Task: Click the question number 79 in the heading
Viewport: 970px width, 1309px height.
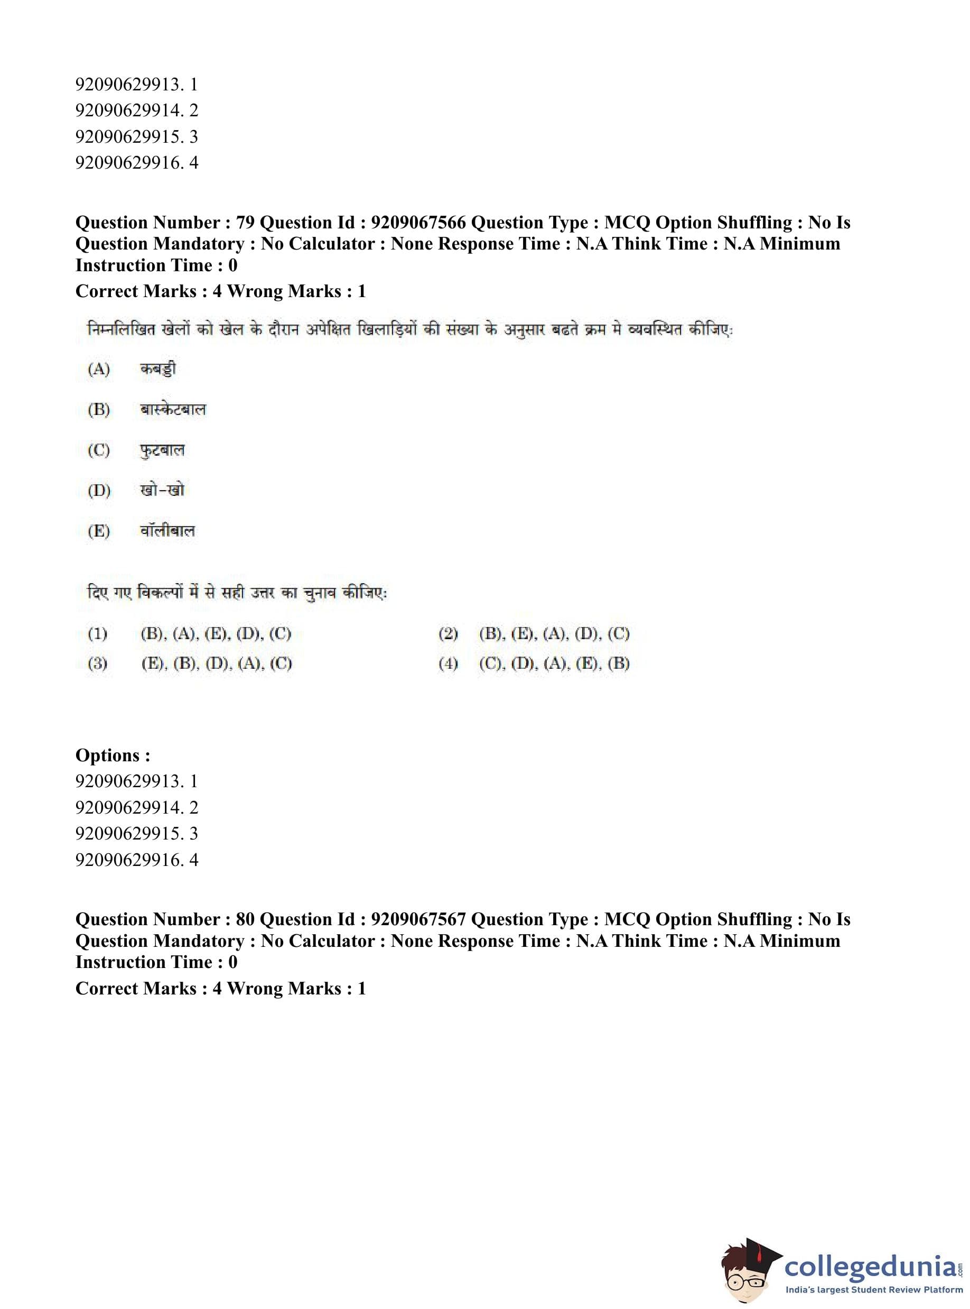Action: [x=245, y=223]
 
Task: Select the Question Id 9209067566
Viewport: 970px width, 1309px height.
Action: [x=418, y=223]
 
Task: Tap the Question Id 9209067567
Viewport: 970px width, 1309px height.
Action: [x=418, y=919]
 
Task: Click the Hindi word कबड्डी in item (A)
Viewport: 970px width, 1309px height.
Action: [x=158, y=369]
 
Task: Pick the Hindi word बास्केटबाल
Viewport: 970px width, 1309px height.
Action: [x=173, y=410]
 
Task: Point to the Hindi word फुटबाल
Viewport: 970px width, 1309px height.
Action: [x=162, y=450]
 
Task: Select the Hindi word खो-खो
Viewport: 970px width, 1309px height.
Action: [x=162, y=490]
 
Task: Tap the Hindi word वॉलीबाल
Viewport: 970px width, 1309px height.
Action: [x=167, y=531]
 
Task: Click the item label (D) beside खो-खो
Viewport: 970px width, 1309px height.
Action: [x=99, y=490]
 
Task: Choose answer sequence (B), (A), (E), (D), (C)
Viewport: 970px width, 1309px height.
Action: [x=216, y=634]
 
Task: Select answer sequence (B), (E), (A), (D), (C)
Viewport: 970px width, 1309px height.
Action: [x=554, y=634]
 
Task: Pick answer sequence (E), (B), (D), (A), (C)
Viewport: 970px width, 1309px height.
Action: [x=216, y=664]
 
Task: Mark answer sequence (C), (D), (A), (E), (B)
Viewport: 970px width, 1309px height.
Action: [x=554, y=664]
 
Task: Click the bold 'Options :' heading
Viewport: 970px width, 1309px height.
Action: [x=113, y=755]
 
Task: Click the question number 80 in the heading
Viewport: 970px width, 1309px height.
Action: [x=245, y=919]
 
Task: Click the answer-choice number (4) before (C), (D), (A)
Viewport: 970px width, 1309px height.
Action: [x=448, y=664]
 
